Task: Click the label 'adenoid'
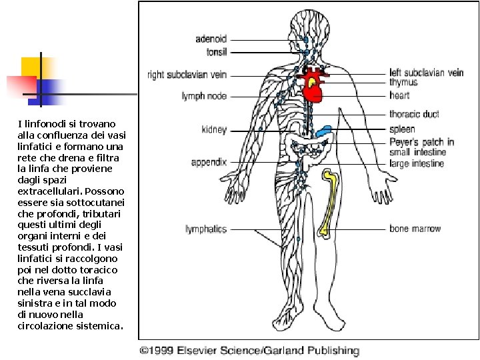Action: coord(211,39)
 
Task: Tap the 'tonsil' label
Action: coord(217,52)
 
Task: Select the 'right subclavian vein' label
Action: coord(187,75)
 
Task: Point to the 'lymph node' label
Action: coord(204,96)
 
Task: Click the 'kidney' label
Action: coord(214,130)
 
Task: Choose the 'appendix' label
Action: coord(209,162)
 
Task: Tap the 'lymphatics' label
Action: coord(206,229)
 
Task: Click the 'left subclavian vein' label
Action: coord(427,73)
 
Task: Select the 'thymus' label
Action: coord(403,82)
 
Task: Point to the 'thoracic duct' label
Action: coord(414,114)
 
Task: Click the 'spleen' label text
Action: coord(402,129)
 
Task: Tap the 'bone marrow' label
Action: coord(415,229)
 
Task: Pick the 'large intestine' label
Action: coord(417,163)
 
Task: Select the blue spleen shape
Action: coord(323,131)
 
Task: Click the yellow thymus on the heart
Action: coord(311,82)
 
